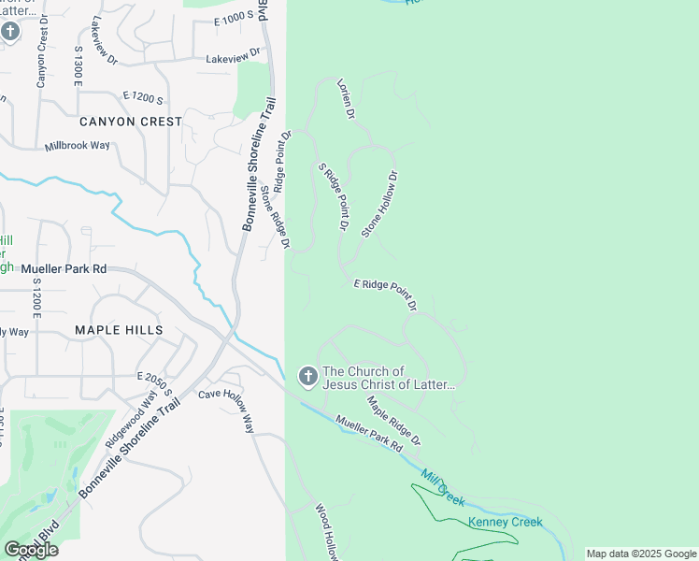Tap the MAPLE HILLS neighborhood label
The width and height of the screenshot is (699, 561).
pyautogui.click(x=120, y=330)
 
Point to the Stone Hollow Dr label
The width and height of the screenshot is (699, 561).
pyautogui.click(x=379, y=203)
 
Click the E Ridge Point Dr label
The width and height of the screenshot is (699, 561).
pyautogui.click(x=384, y=295)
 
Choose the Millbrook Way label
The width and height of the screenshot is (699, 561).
pyautogui.click(x=91, y=147)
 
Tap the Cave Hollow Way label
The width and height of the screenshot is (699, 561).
pyautogui.click(x=226, y=409)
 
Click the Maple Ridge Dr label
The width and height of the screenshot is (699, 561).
pyautogui.click(x=393, y=420)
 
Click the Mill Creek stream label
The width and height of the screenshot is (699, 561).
pyautogui.click(x=442, y=487)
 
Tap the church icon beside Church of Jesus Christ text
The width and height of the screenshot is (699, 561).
pyautogui.click(x=307, y=376)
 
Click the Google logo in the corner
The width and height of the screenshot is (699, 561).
pyautogui.click(x=31, y=550)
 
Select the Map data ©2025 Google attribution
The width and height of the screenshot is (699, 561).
pyautogui.click(x=641, y=554)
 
